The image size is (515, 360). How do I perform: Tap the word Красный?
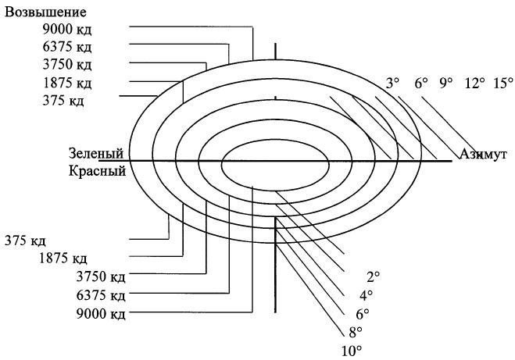[x=97, y=171]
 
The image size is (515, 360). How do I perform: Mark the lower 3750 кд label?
[x=100, y=276]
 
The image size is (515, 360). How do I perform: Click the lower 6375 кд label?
[x=100, y=295]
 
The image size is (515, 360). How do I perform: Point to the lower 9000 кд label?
[x=100, y=314]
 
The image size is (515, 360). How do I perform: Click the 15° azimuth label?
[x=502, y=83]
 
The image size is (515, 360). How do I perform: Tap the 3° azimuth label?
[x=392, y=83]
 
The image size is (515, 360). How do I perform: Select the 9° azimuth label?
[x=446, y=83]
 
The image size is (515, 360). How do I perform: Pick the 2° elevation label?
[x=373, y=276]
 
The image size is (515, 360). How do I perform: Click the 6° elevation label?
[x=362, y=313]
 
